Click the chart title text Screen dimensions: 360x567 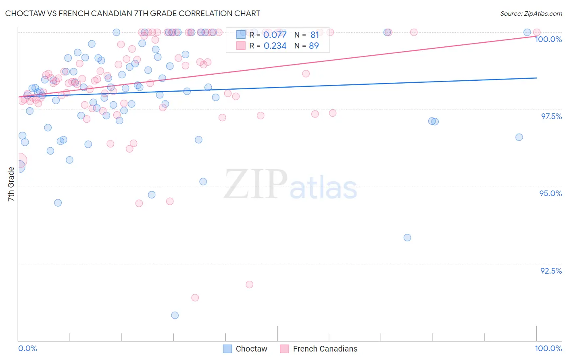(x=133, y=13)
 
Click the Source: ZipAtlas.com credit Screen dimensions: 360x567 (x=531, y=13)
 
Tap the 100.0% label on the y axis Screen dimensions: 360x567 (x=548, y=39)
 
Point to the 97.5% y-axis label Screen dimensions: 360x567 (x=551, y=116)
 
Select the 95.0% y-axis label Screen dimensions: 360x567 (x=550, y=193)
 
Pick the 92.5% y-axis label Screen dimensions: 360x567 (x=551, y=271)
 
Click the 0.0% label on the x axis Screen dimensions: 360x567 (x=27, y=348)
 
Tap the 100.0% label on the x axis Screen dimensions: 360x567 (x=548, y=348)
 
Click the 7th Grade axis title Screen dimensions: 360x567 (x=11, y=184)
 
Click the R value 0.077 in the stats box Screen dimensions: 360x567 (x=275, y=35)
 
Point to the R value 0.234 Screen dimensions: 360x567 (x=275, y=46)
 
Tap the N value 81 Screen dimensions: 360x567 (x=315, y=35)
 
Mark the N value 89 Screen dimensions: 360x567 (x=314, y=46)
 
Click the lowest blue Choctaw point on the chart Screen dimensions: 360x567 (x=175, y=315)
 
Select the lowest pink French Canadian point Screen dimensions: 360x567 (x=195, y=297)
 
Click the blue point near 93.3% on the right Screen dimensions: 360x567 (x=407, y=238)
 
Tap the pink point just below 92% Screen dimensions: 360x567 (x=250, y=285)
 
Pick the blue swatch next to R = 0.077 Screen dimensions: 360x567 (x=241, y=35)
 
